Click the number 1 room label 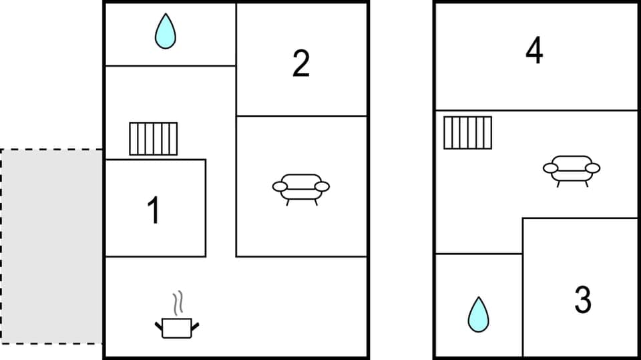tap(154, 210)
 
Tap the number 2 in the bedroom tap(301, 64)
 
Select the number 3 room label tap(583, 300)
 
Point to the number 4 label tap(534, 51)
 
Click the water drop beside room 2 tap(165, 32)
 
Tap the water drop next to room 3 tap(477, 315)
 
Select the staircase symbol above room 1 tap(154, 139)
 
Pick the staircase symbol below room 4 tap(468, 133)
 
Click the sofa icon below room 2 tap(301, 188)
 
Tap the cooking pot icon tap(177, 327)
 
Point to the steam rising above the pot tap(178, 304)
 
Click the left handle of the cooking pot tap(160, 326)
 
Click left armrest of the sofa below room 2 tap(280, 186)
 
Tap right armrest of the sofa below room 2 tap(323, 186)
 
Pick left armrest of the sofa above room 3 tap(550, 168)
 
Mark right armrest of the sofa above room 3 tap(593, 168)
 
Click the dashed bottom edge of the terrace tap(51, 343)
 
